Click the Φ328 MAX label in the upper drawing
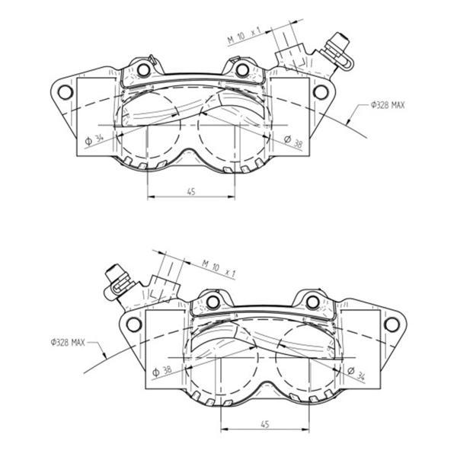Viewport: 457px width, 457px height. click(x=388, y=105)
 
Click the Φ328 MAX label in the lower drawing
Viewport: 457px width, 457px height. click(x=68, y=342)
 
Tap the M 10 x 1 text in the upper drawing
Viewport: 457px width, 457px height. click(x=244, y=36)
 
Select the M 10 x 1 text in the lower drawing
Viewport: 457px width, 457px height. click(x=219, y=268)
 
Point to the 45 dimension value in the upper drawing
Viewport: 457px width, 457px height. click(x=191, y=192)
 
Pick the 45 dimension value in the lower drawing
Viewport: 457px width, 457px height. click(x=264, y=424)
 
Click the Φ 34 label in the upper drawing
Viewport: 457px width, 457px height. click(x=94, y=139)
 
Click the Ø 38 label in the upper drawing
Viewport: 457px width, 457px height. click(x=293, y=142)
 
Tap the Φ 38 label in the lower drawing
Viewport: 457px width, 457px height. click(x=162, y=372)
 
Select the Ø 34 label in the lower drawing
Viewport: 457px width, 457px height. click(x=356, y=374)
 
